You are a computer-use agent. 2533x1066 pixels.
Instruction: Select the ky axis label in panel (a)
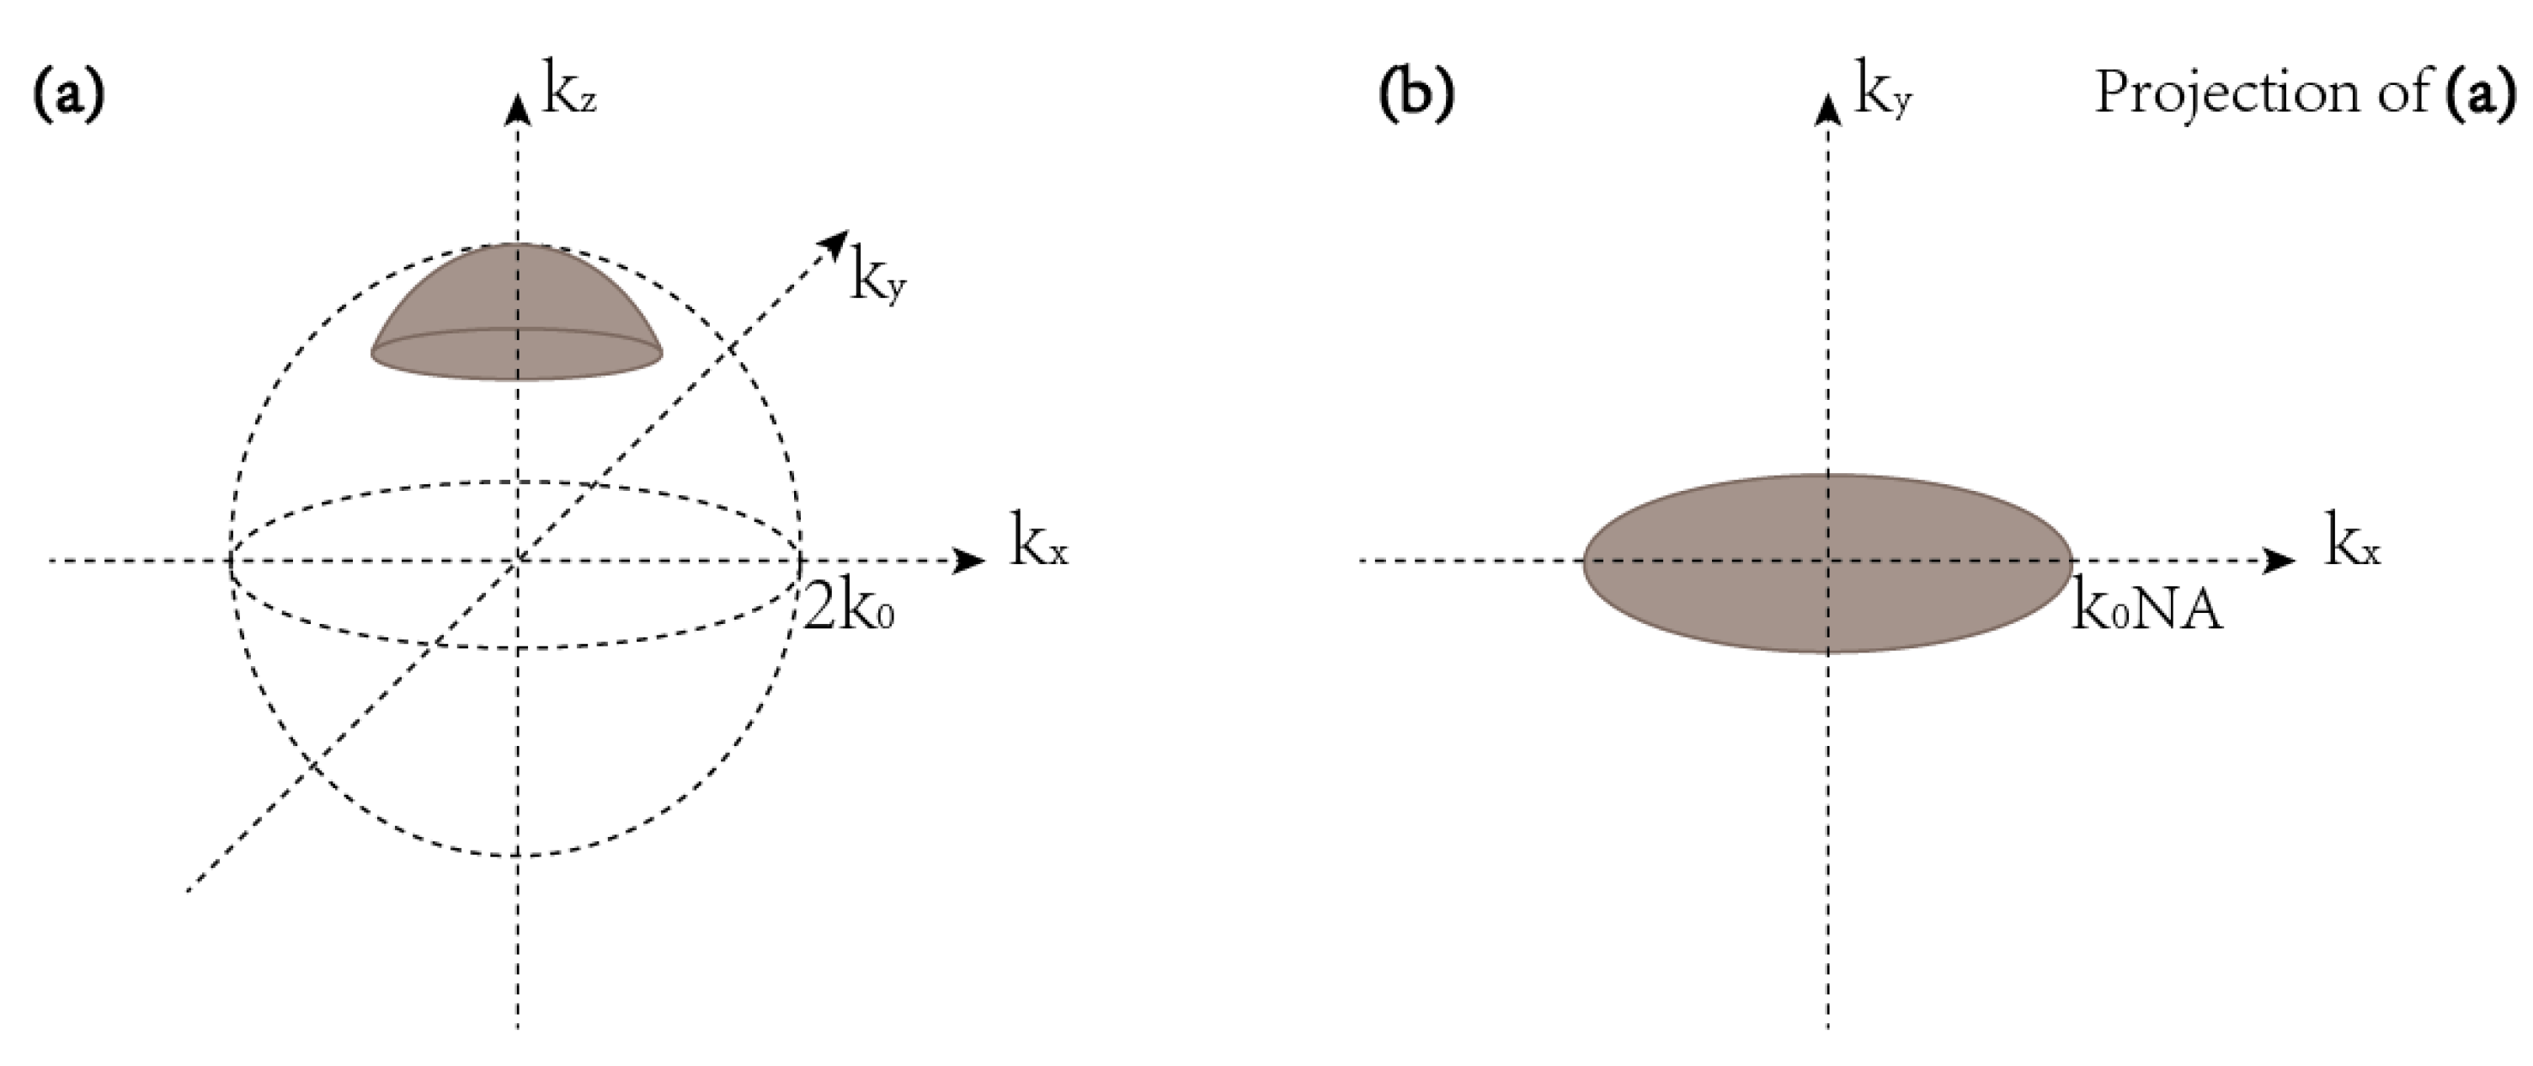tap(878, 280)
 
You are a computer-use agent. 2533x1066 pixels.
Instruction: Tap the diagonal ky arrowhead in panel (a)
tap(837, 241)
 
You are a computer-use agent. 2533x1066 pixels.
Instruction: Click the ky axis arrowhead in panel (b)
tap(1828, 108)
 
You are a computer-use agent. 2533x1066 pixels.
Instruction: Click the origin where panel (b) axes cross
tap(1828, 562)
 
